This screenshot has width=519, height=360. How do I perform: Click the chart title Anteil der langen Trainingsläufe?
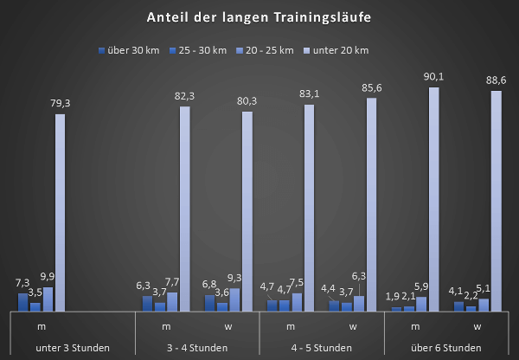click(x=259, y=16)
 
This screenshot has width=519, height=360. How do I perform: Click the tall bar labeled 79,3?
click(x=60, y=212)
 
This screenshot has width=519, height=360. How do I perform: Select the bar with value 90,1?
click(x=433, y=199)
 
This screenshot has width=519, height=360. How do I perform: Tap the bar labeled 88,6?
click(x=496, y=201)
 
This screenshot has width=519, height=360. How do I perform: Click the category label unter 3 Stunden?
click(x=73, y=348)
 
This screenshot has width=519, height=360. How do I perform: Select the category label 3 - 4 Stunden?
click(x=197, y=348)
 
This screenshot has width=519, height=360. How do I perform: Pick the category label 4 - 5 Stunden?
click(x=322, y=348)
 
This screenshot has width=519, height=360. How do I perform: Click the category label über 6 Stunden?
click(x=446, y=348)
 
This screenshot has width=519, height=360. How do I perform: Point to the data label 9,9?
click(x=48, y=276)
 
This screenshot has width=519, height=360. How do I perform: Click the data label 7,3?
click(x=23, y=283)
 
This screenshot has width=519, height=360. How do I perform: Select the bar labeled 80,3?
click(x=247, y=211)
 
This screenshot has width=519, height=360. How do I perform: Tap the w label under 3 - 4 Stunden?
click(x=228, y=327)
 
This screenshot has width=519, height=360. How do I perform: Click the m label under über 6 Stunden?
click(x=415, y=327)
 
